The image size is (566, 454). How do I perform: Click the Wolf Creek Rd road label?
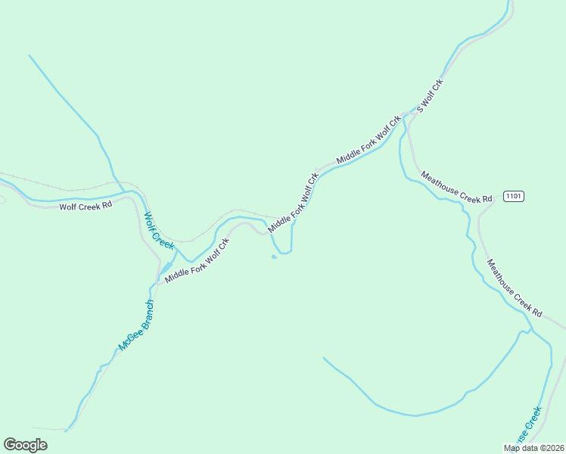click(x=86, y=206)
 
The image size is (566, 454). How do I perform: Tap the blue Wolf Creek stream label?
click(x=160, y=231)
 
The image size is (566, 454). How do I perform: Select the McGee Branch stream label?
click(x=136, y=325)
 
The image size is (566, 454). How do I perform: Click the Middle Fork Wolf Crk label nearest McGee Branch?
click(x=197, y=260)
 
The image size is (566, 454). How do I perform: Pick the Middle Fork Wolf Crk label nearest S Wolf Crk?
click(x=369, y=139)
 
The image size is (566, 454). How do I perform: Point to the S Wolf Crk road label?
click(x=429, y=95)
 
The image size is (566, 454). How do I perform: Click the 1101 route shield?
click(x=513, y=196)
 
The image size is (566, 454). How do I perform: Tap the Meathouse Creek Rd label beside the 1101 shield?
click(x=456, y=187)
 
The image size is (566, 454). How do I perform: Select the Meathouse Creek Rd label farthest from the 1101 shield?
click(x=515, y=288)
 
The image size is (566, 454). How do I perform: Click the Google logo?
click(x=25, y=445)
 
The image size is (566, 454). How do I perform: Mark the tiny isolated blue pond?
click(x=274, y=257)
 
